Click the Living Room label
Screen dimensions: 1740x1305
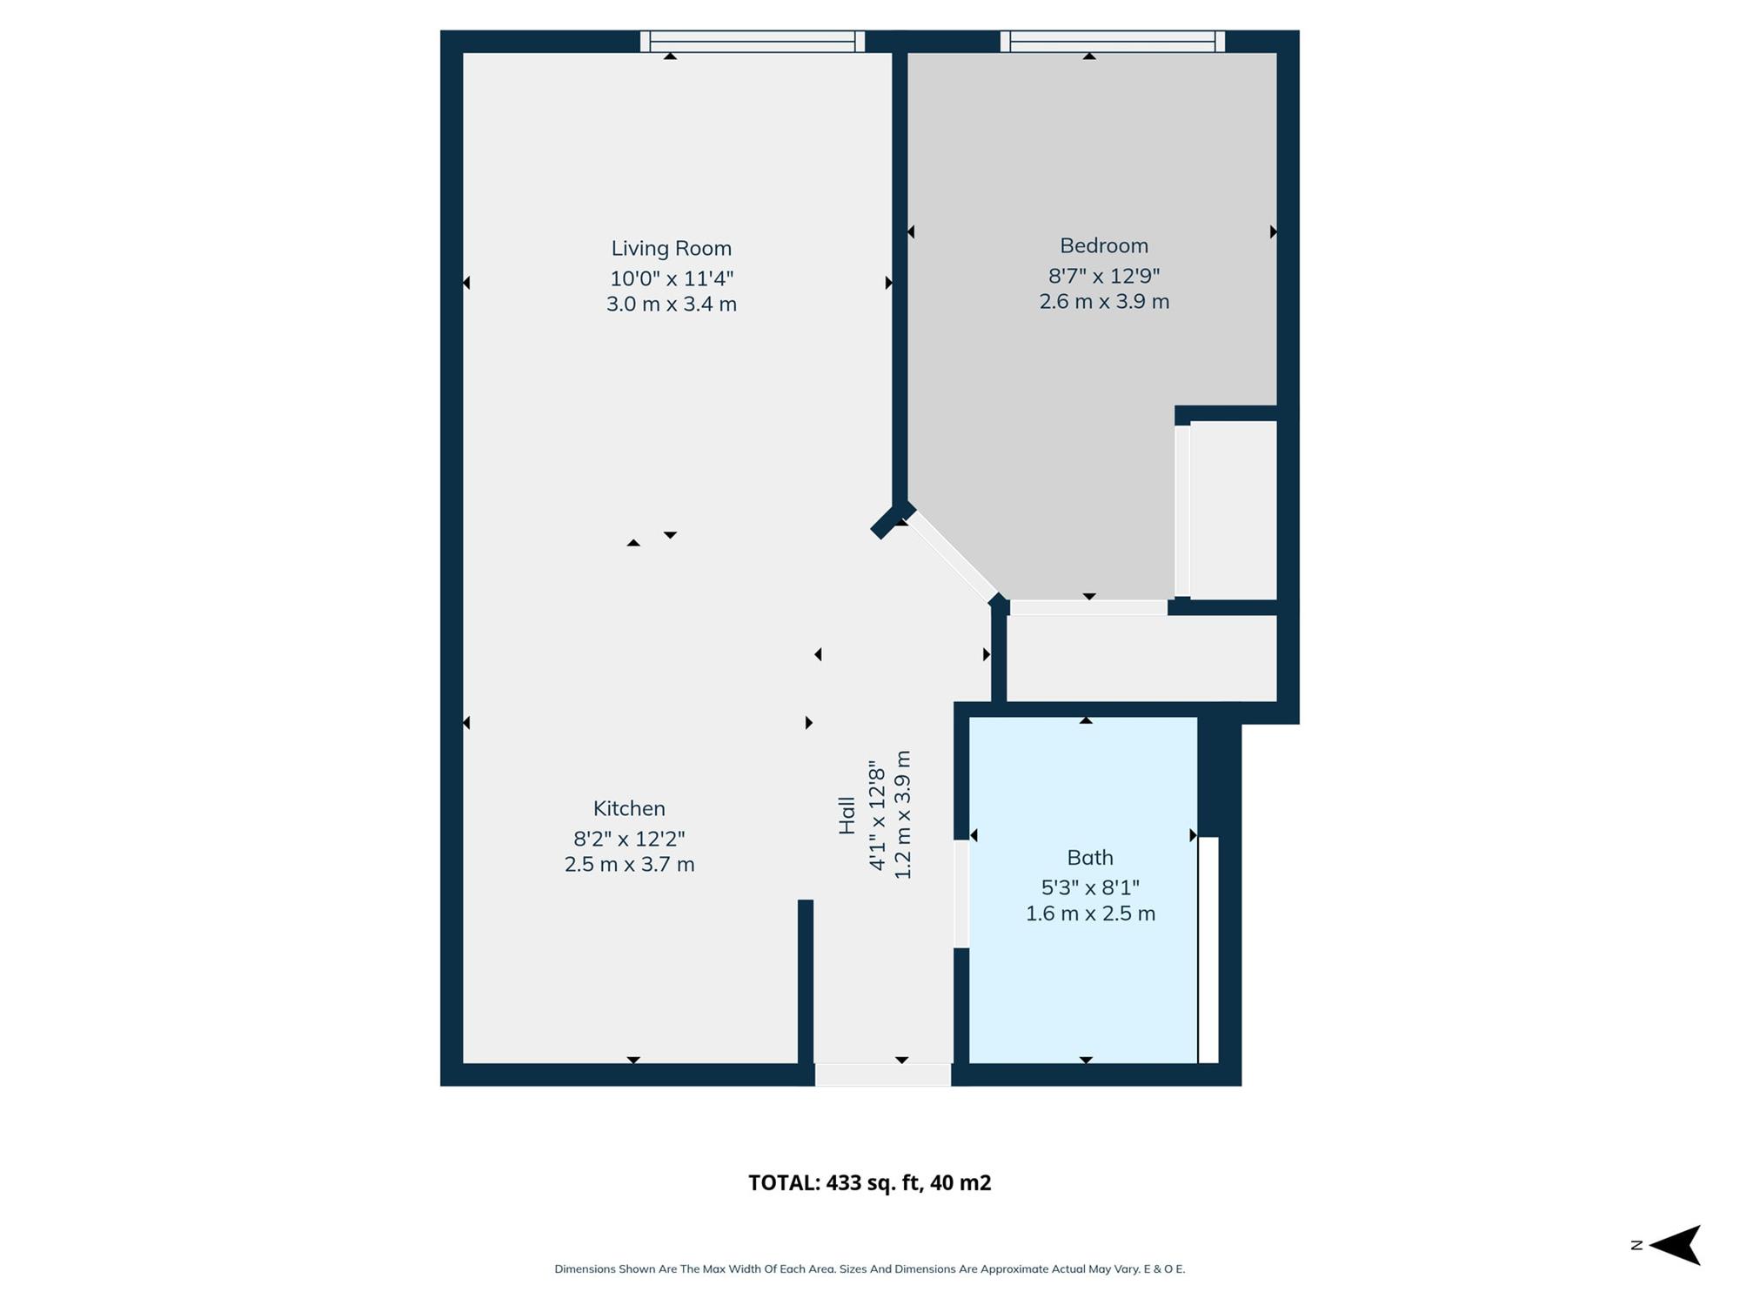click(x=671, y=249)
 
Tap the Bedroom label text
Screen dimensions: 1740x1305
click(x=1104, y=246)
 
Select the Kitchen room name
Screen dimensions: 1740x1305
click(x=629, y=808)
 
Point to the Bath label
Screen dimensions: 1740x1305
click(x=1090, y=858)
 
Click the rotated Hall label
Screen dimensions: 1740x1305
click(x=847, y=816)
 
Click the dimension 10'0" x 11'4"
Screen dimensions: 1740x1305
click(x=671, y=278)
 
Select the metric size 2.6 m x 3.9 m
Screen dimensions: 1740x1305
click(x=1104, y=302)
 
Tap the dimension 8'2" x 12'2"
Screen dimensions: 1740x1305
click(x=629, y=839)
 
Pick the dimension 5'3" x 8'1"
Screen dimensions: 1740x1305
click(x=1090, y=887)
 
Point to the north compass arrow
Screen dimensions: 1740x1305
click(x=1675, y=1245)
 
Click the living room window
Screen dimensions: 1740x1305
click(x=753, y=42)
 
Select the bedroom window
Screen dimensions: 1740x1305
click(x=1113, y=42)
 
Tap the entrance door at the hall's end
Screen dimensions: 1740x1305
click(x=883, y=1074)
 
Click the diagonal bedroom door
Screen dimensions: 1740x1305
click(x=953, y=557)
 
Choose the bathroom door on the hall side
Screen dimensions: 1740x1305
click(x=961, y=893)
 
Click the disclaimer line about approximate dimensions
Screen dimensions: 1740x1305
click(x=870, y=1269)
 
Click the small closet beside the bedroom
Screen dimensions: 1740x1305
click(x=1233, y=511)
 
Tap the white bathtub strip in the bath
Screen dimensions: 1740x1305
click(x=1208, y=950)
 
